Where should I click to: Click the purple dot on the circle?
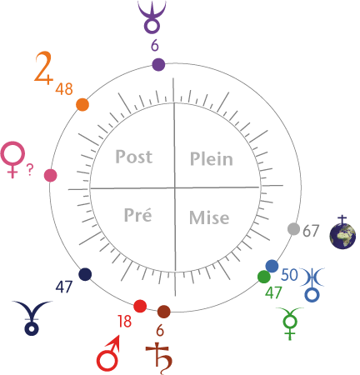click(x=158, y=65)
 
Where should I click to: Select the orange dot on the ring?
click(x=82, y=105)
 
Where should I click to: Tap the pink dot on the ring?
click(x=51, y=176)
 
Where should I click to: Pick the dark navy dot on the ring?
click(x=85, y=274)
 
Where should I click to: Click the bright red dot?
click(x=140, y=306)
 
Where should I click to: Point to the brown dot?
click(x=163, y=312)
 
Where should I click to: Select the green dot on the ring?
click(x=264, y=277)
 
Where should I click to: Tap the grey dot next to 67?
click(x=293, y=229)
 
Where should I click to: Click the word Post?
click(x=134, y=157)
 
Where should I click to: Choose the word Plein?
click(x=212, y=159)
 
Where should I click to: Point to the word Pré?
click(x=137, y=214)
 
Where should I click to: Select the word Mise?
click(x=209, y=217)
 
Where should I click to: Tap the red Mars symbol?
click(x=108, y=353)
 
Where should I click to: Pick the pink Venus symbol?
click(x=13, y=159)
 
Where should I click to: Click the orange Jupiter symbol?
click(x=43, y=67)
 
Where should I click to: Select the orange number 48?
click(x=64, y=89)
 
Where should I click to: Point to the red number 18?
click(x=124, y=321)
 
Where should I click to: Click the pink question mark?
click(x=30, y=170)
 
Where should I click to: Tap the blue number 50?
click(x=289, y=275)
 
